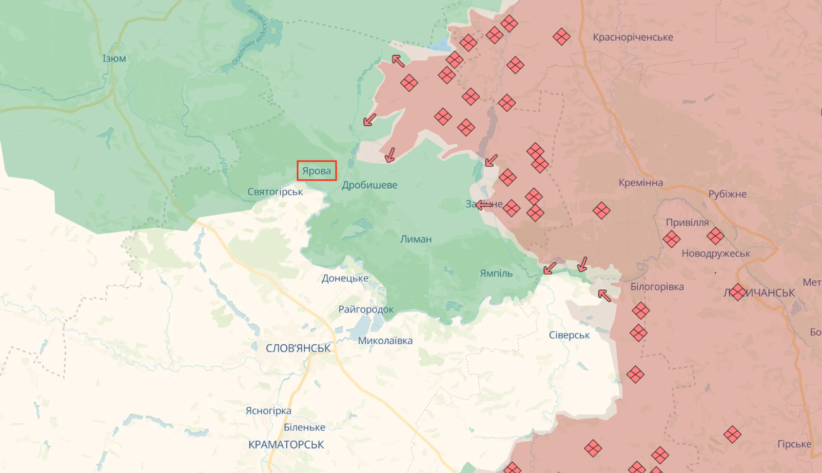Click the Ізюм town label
tap(114, 58)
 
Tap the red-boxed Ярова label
tap(317, 171)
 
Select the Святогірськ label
tap(275, 192)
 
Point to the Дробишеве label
tap(369, 185)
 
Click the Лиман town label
tap(416, 239)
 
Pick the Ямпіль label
tap(496, 273)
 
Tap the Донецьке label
tap(345, 279)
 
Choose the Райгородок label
tap(366, 309)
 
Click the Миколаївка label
tap(385, 341)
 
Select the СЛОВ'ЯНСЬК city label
tap(298, 348)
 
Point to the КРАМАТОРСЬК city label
tap(286, 445)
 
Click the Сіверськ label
tap(569, 335)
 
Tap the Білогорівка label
tap(657, 287)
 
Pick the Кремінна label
tap(640, 183)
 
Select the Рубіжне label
tap(727, 194)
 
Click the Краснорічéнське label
tap(633, 37)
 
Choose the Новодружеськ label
tap(715, 253)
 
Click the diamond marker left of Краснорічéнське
tap(561, 36)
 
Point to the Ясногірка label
tap(268, 411)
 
